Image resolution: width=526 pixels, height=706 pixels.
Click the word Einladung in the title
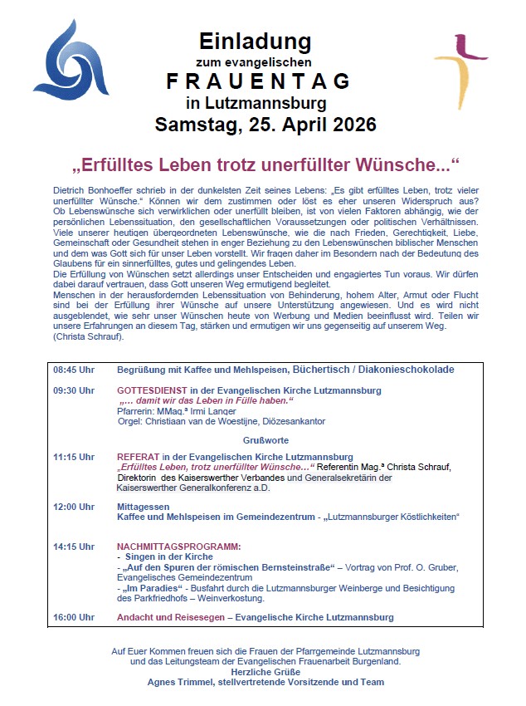click(x=255, y=41)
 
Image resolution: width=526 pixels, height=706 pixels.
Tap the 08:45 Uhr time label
click(x=74, y=369)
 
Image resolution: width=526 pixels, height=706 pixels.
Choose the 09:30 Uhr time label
click(x=74, y=390)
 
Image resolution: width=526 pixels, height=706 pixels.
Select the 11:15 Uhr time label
click(x=74, y=457)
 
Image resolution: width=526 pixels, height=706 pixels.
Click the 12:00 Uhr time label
click(x=74, y=507)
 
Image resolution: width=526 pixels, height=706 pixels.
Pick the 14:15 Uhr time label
click(x=74, y=547)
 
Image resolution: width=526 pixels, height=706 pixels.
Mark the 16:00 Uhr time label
click(x=74, y=617)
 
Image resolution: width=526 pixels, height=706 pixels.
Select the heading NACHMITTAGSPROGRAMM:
click(x=179, y=547)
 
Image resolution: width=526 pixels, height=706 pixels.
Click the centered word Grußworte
click(x=265, y=439)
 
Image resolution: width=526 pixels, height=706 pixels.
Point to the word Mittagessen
click(x=144, y=507)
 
